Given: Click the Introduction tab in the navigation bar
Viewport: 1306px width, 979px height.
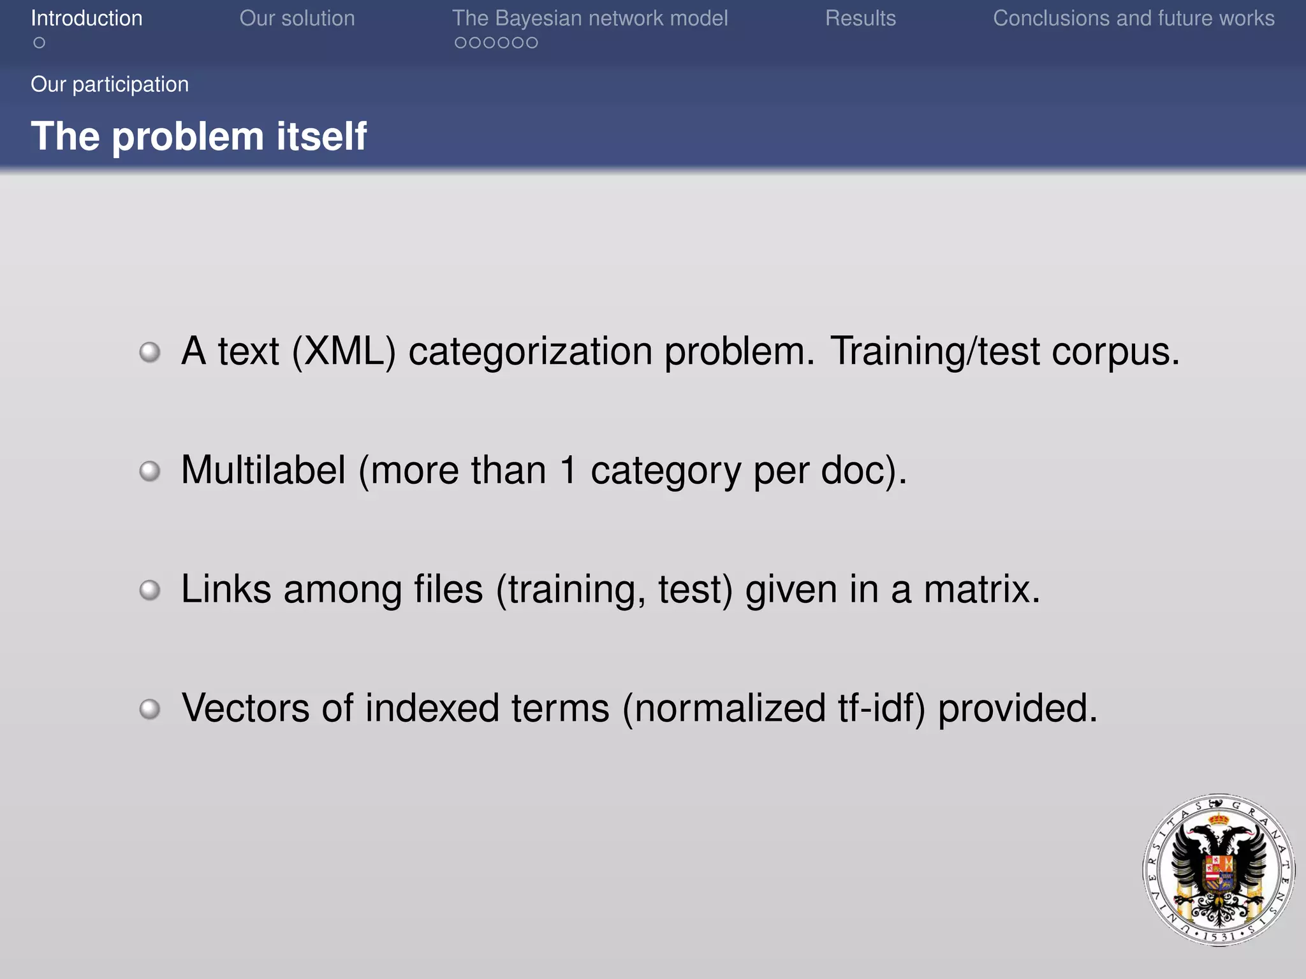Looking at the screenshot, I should [87, 18].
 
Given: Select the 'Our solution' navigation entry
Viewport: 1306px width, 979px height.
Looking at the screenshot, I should [297, 18].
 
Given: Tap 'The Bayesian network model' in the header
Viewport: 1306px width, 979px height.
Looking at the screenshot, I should [590, 18].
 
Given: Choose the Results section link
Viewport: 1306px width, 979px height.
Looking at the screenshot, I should [860, 18].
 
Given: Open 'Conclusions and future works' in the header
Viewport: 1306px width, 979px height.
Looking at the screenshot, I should [1134, 18].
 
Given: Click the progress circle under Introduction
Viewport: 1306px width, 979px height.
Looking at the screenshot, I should [40, 43].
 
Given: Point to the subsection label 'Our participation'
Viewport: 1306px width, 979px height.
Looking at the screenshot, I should [110, 84].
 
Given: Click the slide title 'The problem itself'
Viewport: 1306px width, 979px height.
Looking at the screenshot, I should [199, 136].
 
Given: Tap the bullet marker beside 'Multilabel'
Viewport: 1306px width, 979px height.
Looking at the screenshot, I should [150, 471].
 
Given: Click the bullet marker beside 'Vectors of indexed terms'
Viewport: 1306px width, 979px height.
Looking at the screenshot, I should [150, 709].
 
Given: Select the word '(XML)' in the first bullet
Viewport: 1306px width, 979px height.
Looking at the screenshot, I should [344, 351].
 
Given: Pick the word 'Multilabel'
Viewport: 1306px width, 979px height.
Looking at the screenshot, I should [263, 470].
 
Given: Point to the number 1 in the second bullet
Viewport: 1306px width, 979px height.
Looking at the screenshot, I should [568, 470].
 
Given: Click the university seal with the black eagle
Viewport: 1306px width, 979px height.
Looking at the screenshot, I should [1219, 869].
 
